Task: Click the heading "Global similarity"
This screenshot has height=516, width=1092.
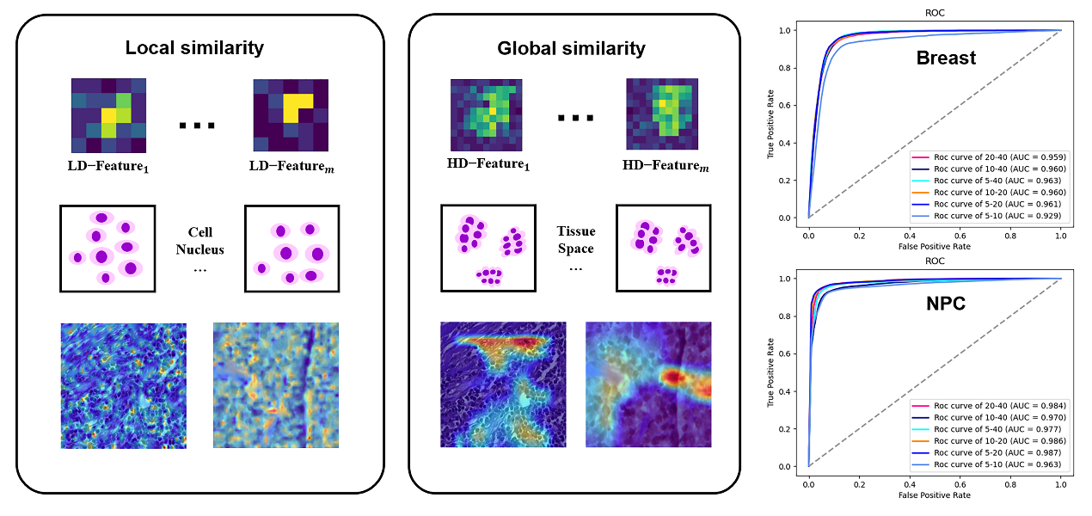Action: pos(571,48)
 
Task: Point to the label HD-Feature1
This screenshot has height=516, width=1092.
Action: pos(489,164)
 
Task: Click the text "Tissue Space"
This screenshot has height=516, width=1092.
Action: pos(575,240)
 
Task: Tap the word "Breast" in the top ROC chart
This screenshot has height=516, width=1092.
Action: pos(946,58)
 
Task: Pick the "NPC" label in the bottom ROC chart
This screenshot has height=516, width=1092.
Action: pos(945,304)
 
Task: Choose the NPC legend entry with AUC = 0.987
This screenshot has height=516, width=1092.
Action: pos(986,451)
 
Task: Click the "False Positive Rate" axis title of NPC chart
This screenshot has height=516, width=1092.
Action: pos(935,495)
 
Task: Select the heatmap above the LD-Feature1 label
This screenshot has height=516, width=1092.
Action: pos(108,114)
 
